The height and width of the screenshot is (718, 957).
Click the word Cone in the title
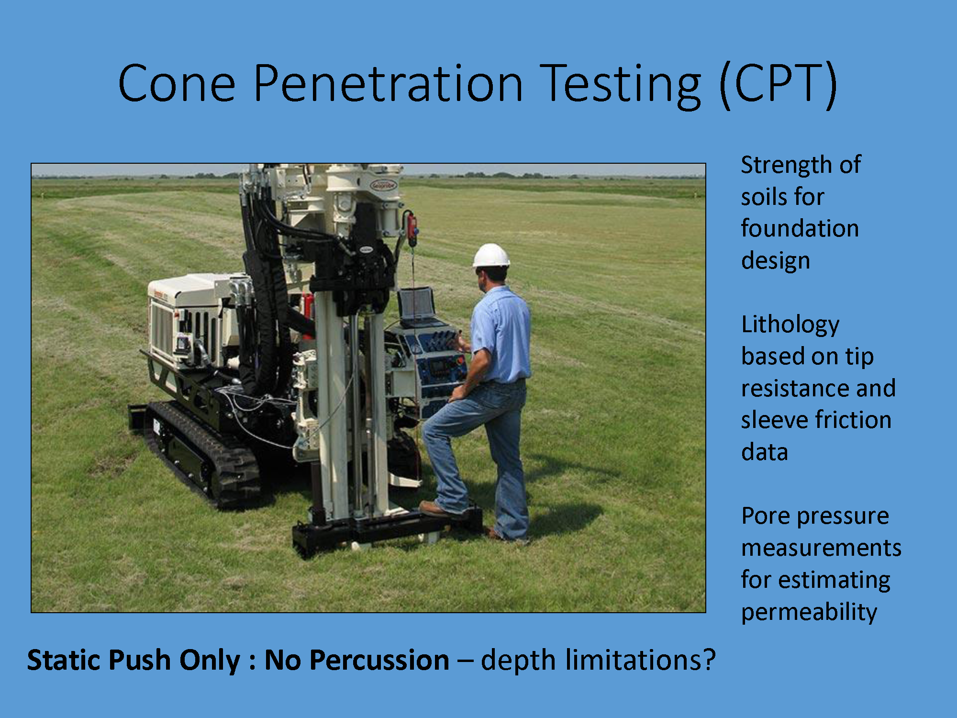click(x=177, y=84)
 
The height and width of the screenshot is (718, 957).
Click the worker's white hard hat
click(x=491, y=255)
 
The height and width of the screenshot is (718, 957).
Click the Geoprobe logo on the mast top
click(x=384, y=185)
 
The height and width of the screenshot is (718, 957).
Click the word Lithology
click(x=790, y=325)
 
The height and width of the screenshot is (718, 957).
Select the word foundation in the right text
click(x=800, y=228)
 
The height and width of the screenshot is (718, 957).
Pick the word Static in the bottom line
click(x=65, y=660)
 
